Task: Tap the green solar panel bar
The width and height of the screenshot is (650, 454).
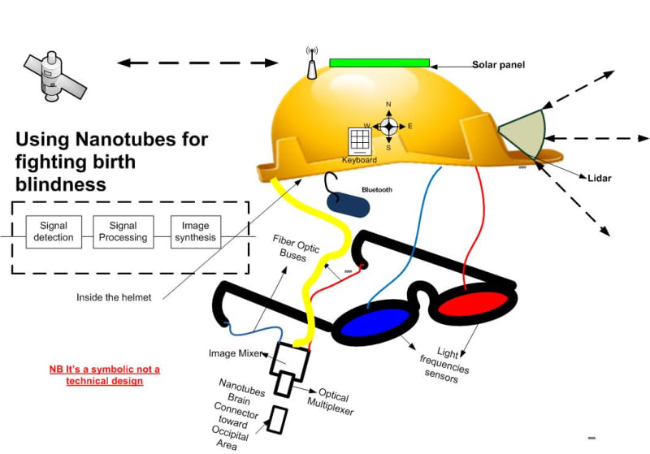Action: click(x=379, y=63)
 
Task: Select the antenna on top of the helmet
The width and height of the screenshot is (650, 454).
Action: click(x=310, y=65)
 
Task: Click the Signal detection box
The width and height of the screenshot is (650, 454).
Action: click(x=53, y=231)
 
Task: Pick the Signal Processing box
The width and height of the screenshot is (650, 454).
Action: click(x=123, y=231)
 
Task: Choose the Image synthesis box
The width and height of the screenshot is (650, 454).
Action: click(x=195, y=231)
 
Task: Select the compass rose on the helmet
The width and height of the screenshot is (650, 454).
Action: click(x=388, y=126)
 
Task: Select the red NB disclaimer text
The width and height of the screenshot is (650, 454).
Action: click(x=105, y=374)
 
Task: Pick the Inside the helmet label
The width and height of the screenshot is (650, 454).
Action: click(x=114, y=297)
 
